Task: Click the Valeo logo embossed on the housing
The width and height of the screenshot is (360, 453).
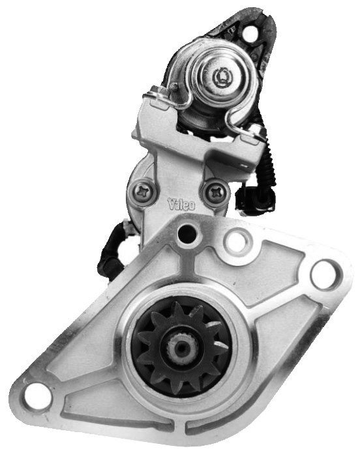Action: point(181,205)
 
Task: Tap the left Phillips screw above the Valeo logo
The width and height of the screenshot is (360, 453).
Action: point(143,192)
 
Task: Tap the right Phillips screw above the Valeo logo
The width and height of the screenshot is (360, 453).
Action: point(216,193)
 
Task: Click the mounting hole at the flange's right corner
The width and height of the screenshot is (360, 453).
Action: point(326,275)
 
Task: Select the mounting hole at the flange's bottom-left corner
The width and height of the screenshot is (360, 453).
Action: point(37,394)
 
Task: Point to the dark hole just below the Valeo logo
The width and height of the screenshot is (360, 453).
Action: point(187,232)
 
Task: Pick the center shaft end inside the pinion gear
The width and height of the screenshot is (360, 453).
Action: point(181,349)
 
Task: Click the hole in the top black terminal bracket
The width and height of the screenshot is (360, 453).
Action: point(250,33)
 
